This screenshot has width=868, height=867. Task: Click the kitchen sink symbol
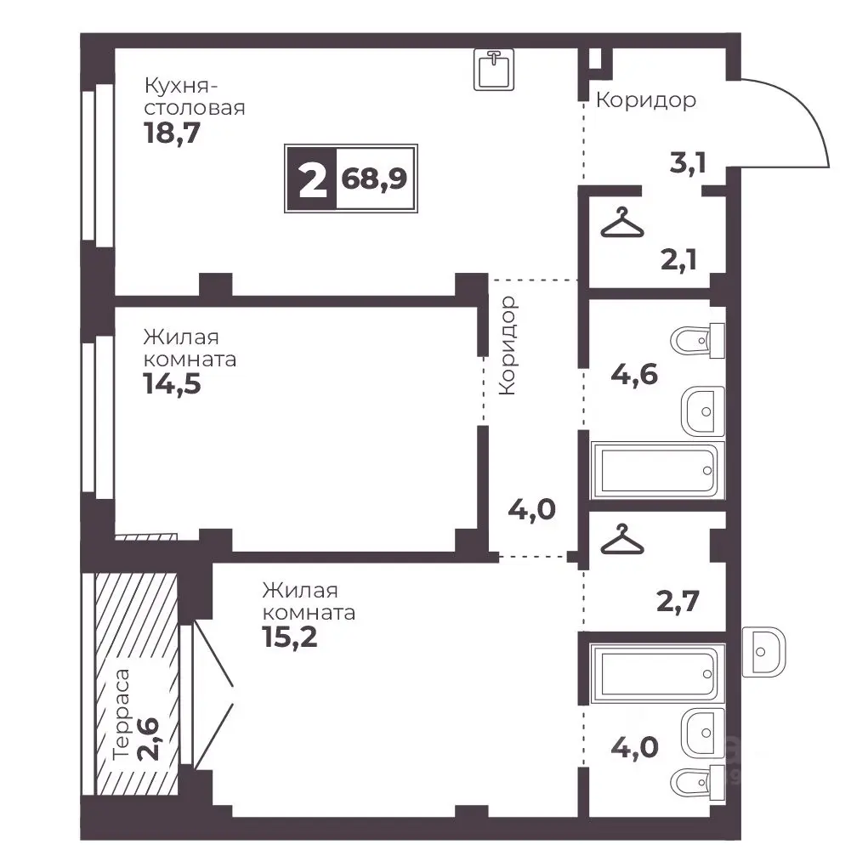[494, 69]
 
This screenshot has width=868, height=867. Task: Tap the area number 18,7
[173, 133]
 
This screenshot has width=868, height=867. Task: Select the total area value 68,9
[374, 178]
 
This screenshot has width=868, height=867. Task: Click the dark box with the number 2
[312, 178]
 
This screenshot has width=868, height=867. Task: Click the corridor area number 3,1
[688, 162]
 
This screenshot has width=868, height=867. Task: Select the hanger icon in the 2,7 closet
[622, 539]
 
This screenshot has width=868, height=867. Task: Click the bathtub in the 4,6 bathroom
[657, 469]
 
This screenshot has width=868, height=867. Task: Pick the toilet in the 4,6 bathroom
[697, 341]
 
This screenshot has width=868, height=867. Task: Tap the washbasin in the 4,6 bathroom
[702, 411]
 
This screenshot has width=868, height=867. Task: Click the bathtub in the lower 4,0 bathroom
[657, 673]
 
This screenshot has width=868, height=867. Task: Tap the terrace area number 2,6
[149, 739]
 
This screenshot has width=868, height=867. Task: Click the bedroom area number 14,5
[173, 383]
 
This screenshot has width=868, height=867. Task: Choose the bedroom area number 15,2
[290, 637]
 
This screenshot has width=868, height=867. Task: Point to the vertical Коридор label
[507, 345]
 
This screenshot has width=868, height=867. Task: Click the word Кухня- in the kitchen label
[180, 86]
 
